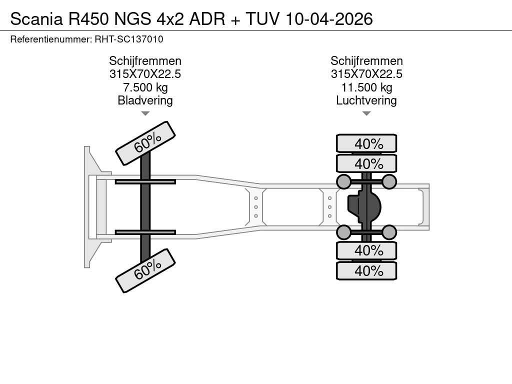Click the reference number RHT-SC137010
[x=129, y=39]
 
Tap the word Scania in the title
[x=36, y=19]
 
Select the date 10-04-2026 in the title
[x=329, y=19]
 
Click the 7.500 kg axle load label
[x=145, y=87]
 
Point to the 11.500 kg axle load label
[x=366, y=87]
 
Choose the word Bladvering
[x=145, y=100]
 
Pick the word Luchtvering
[x=366, y=100]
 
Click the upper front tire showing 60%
[x=145, y=143]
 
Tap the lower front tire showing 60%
[x=145, y=270]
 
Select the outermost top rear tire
[x=366, y=143]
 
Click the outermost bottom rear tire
[x=366, y=270]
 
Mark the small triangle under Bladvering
[x=145, y=113]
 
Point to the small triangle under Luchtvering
[x=366, y=113]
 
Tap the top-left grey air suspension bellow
[x=343, y=182]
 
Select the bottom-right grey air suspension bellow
[x=389, y=232]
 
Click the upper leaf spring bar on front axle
[x=145, y=182]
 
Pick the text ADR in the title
[x=207, y=19]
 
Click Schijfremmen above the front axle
[x=145, y=61]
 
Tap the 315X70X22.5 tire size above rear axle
[x=366, y=74]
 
